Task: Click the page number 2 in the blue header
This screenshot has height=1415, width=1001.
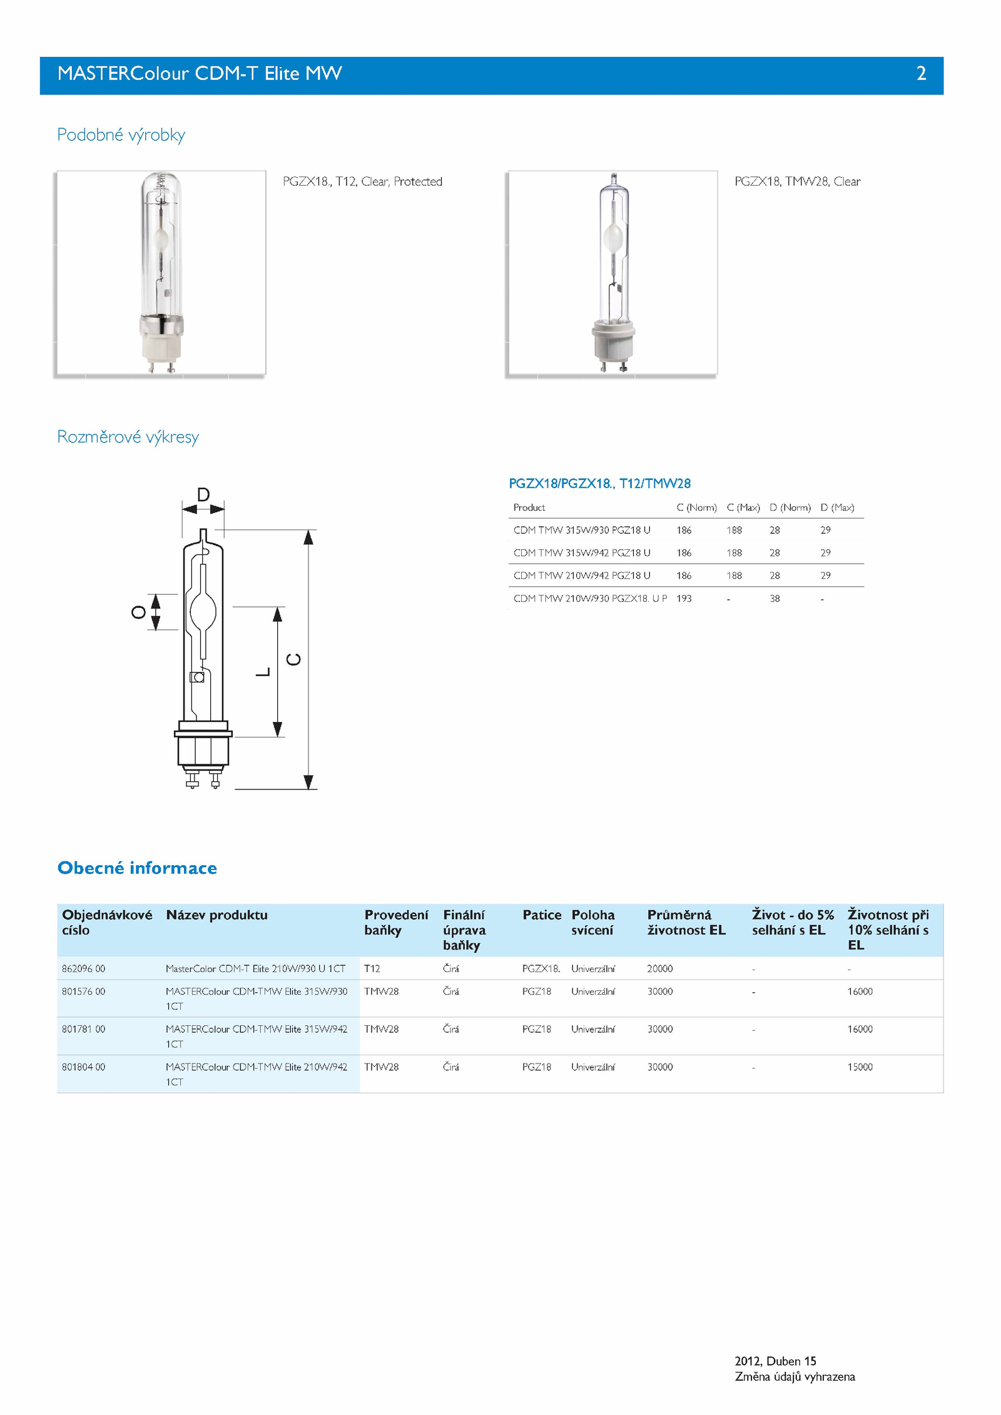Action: point(921,74)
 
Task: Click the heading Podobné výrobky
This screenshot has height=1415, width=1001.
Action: point(121,135)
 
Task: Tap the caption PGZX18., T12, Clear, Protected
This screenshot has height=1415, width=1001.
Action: point(362,181)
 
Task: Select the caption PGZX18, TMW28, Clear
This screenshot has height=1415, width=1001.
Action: point(797,181)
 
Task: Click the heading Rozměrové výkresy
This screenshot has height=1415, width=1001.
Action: point(128,437)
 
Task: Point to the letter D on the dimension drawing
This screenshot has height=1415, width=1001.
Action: point(203,495)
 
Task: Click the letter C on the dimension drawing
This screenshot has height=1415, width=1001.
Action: point(293,659)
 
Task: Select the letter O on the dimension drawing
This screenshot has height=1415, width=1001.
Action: point(138,612)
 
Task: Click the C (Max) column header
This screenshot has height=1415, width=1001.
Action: point(743,507)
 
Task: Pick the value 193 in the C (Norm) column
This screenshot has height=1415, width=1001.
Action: point(684,599)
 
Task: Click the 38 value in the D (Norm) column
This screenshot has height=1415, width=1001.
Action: point(775,599)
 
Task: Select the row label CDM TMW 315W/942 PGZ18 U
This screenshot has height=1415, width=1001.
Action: point(582,553)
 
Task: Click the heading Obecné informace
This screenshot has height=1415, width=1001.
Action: point(137,868)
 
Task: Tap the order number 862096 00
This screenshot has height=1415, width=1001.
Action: point(83,969)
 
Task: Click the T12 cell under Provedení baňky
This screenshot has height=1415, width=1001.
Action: point(372,969)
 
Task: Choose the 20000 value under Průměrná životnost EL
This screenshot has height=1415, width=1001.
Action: point(660,969)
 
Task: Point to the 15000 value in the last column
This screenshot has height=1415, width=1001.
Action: point(860,1067)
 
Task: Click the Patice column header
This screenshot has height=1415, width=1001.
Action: point(542,915)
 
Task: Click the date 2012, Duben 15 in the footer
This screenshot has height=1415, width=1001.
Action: point(775,1361)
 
